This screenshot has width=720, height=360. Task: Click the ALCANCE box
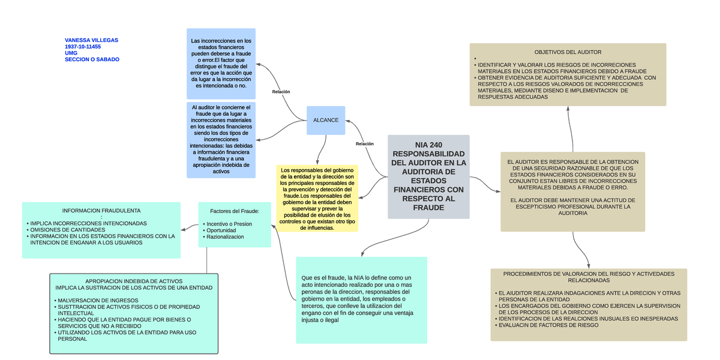tap(326, 120)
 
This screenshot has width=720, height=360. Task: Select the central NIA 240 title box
tap(428, 176)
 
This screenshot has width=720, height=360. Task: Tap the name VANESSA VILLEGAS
tap(91, 40)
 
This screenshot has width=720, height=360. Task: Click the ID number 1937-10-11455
tap(83, 47)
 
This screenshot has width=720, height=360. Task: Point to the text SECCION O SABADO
tap(92, 59)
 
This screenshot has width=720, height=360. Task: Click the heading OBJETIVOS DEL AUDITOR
tap(568, 52)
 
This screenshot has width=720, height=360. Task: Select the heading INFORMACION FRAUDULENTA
tap(101, 211)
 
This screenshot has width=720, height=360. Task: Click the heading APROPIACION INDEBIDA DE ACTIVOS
tap(134, 281)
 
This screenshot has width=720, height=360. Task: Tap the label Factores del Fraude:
tap(235, 211)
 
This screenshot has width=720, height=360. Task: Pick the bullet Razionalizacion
tap(225, 237)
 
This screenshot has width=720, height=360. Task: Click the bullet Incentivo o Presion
tap(229, 224)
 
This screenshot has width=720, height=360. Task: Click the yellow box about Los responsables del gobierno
tap(317, 199)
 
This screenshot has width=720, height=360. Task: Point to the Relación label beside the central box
tap(364, 144)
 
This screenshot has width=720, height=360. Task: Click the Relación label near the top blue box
tap(281, 92)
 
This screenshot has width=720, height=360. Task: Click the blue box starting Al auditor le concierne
tap(221, 139)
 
